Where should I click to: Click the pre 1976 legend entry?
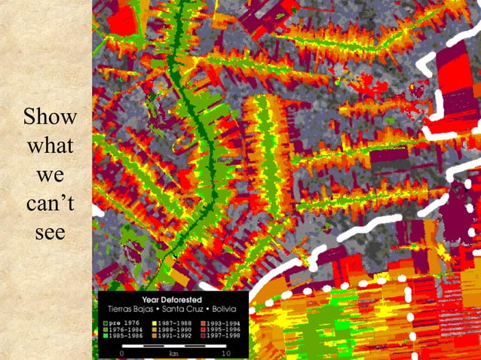tap(121, 323)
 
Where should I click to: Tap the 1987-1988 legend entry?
tap(171, 323)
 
